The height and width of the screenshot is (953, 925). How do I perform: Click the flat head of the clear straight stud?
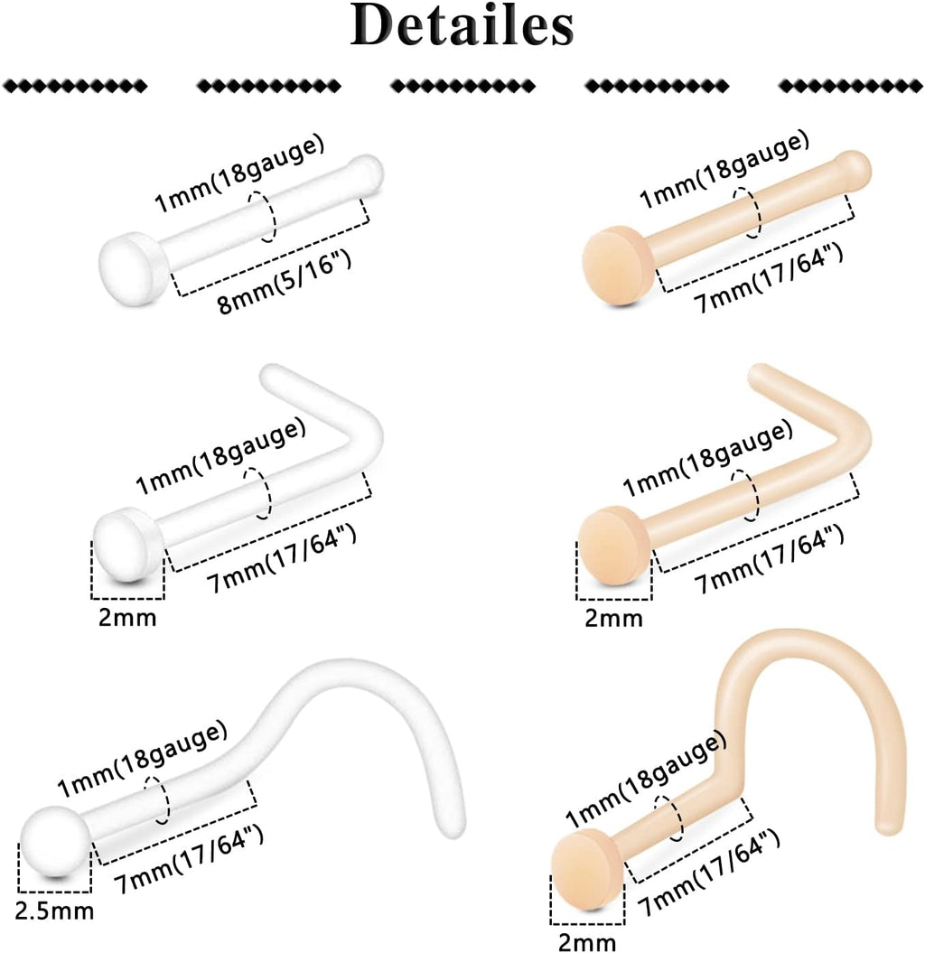(130, 258)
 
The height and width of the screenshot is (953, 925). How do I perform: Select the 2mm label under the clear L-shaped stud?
(126, 619)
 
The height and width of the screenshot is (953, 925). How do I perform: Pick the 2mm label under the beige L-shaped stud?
(613, 619)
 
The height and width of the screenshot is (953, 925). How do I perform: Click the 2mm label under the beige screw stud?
(587, 942)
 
